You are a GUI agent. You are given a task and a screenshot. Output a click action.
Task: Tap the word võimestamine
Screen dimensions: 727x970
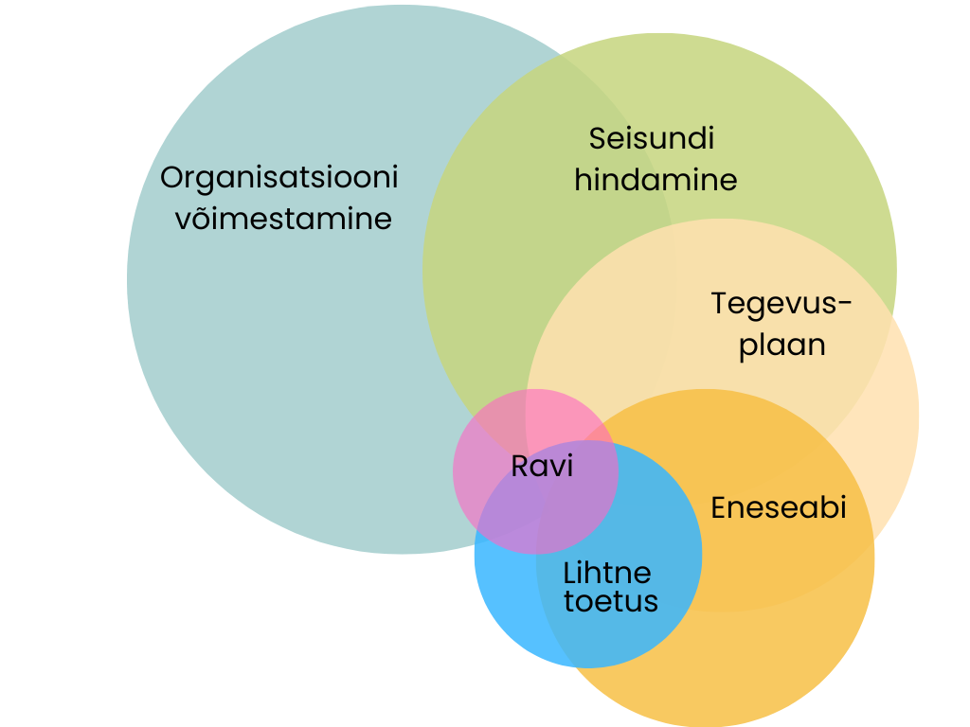283,219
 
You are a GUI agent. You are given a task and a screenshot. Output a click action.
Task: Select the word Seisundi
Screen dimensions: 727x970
652,138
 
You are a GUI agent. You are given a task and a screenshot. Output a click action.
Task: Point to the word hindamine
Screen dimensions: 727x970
656,180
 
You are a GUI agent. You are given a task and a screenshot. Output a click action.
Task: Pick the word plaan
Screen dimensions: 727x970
782,345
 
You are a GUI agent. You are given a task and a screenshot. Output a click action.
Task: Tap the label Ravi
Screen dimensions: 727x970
542,466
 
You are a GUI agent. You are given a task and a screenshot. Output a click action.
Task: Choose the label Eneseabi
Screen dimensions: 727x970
778,507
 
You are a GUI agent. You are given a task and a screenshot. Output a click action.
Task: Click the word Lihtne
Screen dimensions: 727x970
607,573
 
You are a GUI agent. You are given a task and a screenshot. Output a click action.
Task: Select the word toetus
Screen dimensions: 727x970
611,601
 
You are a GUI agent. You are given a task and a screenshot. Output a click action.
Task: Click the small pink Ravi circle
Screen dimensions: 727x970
493,445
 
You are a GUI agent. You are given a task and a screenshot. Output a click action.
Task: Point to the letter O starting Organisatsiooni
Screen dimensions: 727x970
171,178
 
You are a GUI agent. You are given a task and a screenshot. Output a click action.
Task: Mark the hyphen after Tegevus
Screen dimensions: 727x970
845,305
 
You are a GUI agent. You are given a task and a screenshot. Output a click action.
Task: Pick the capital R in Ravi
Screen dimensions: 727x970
519,466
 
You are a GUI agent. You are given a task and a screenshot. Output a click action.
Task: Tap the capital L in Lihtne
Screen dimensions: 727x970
569,573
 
